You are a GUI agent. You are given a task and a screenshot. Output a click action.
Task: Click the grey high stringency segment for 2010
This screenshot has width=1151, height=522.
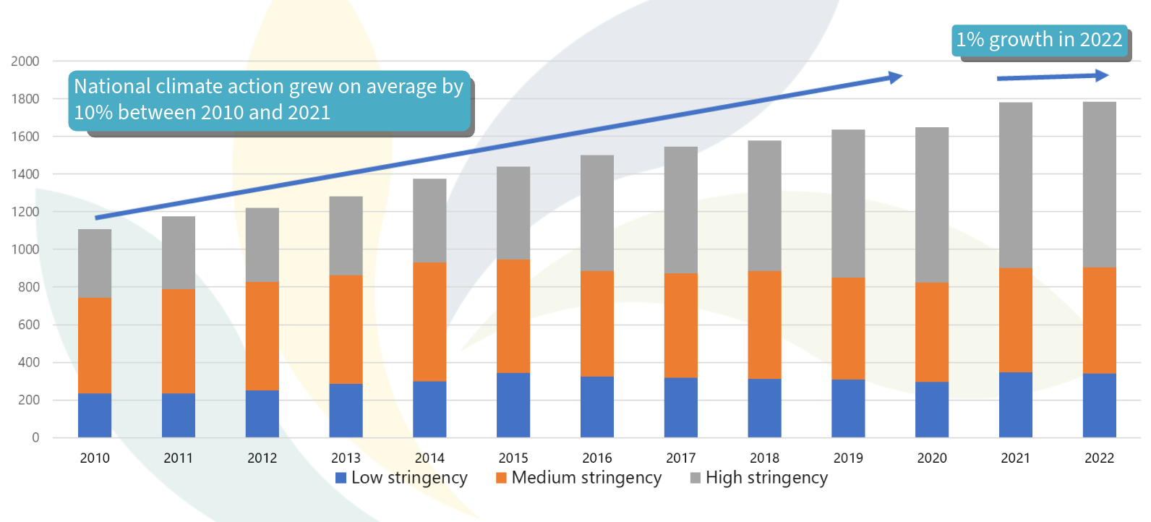click(x=95, y=263)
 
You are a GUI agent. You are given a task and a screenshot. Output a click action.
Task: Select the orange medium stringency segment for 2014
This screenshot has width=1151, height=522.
click(x=429, y=322)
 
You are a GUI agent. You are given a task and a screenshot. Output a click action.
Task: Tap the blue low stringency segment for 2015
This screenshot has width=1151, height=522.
click(x=513, y=405)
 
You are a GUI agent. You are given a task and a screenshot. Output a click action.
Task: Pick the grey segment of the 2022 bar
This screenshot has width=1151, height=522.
click(x=1099, y=184)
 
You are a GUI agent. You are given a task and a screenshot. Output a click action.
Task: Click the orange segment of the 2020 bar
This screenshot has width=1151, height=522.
click(x=932, y=332)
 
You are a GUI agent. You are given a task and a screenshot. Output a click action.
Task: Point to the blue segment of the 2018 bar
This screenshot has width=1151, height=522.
click(x=764, y=408)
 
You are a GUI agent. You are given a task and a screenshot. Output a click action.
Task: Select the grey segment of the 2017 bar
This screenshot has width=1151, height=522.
click(x=680, y=210)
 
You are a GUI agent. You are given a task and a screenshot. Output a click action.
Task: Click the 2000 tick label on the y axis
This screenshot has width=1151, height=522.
click(x=25, y=61)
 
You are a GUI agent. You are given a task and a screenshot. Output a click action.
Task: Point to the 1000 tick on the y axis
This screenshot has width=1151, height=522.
click(x=25, y=249)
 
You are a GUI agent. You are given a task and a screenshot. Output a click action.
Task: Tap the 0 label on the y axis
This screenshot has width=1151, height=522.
click(x=35, y=437)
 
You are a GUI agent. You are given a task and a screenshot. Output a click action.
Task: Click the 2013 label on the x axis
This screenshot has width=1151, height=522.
click(x=346, y=458)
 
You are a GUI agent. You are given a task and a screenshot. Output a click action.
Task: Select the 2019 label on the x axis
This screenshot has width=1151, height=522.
click(x=848, y=458)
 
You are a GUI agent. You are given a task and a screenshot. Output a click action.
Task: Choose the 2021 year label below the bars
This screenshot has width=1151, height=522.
click(x=1015, y=458)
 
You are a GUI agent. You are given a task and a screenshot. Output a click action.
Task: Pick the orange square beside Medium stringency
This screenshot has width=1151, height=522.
click(x=501, y=478)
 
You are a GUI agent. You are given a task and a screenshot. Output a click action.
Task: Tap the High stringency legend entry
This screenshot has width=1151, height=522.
click(x=766, y=478)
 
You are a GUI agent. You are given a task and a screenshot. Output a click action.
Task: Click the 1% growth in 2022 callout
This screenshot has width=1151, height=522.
click(x=1039, y=40)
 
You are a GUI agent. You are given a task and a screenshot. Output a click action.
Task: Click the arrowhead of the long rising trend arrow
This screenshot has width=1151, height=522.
click(x=897, y=77)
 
